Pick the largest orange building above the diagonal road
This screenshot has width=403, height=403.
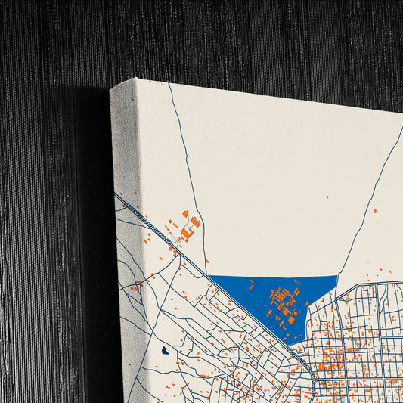186,234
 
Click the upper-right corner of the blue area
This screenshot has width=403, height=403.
336,277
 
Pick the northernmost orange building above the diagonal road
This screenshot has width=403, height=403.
184,213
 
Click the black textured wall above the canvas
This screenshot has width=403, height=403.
227,38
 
